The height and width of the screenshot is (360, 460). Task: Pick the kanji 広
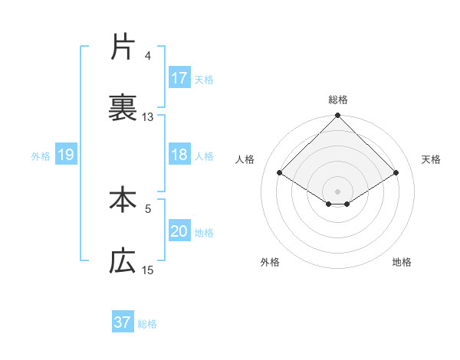(123, 261)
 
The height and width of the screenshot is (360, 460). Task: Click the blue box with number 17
(179, 78)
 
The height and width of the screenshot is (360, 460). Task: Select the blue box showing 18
(179, 155)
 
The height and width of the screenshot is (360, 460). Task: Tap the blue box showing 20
(179, 232)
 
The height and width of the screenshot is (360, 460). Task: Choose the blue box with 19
(65, 155)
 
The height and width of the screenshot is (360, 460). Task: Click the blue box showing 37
(123, 322)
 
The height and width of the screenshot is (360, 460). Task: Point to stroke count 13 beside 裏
(148, 117)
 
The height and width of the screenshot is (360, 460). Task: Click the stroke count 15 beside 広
(148, 270)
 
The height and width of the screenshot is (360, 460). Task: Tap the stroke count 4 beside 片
(148, 55)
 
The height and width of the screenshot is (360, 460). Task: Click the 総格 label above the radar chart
(337, 100)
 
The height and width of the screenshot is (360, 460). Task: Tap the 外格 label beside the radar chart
(270, 262)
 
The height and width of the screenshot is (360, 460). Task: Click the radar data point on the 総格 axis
(337, 116)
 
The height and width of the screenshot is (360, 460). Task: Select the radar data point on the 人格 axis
(279, 172)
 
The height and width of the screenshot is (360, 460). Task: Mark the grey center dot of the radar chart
(337, 191)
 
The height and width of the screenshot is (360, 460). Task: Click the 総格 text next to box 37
(147, 323)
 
